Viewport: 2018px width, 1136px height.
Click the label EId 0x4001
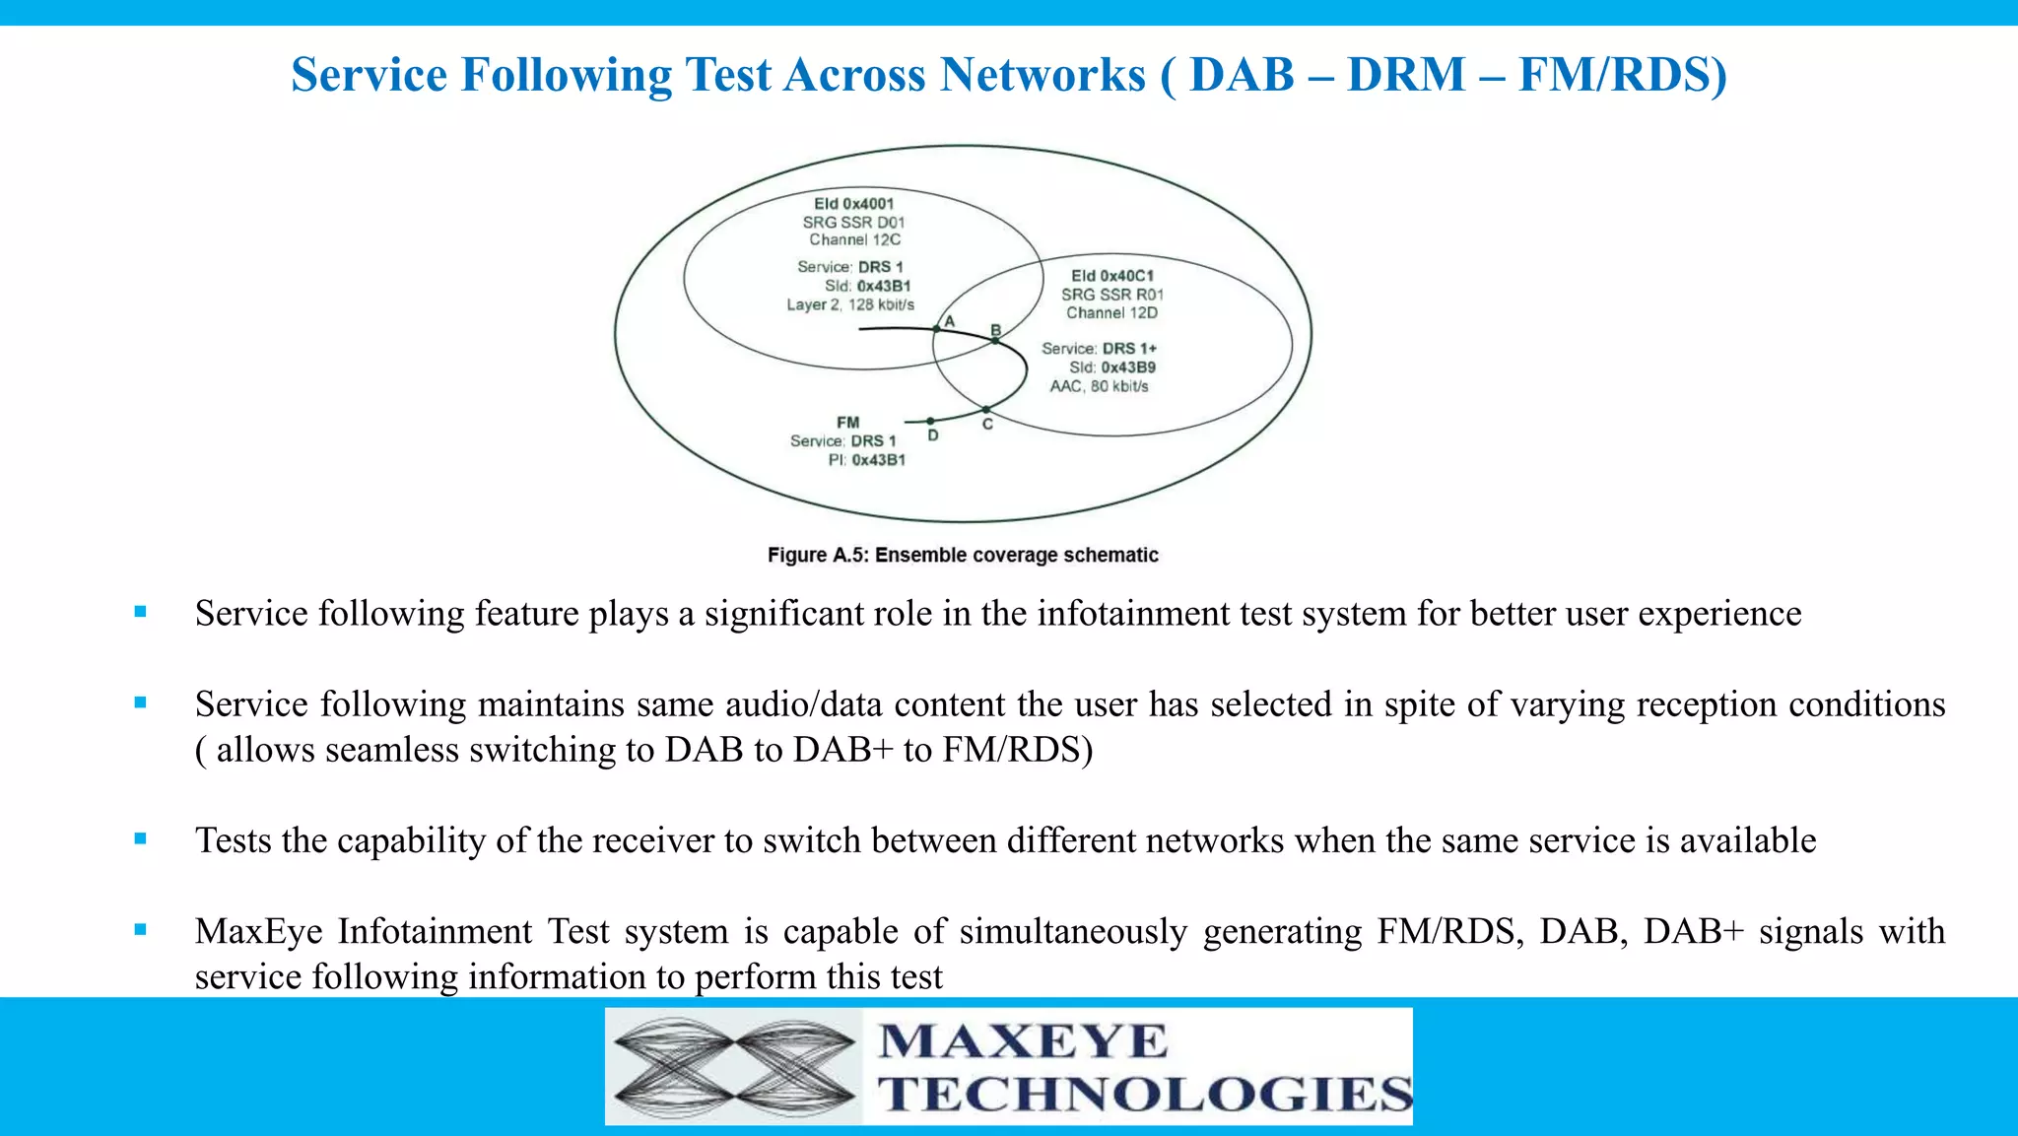click(853, 204)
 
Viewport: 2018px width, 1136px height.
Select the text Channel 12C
click(854, 239)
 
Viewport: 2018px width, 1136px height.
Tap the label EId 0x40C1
click(1111, 276)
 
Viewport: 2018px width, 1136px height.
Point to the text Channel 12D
click(1111, 312)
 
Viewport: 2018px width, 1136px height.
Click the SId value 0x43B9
click(1128, 368)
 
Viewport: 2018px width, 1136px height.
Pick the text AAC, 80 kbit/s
click(1099, 386)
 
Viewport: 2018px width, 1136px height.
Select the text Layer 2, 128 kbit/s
click(849, 304)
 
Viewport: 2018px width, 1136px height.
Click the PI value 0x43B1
click(878, 460)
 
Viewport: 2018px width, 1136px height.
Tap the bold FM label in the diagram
click(847, 423)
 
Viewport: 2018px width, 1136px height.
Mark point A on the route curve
click(936, 329)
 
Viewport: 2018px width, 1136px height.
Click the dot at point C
click(986, 410)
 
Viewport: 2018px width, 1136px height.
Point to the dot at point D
click(930, 422)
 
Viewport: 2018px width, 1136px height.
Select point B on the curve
click(995, 341)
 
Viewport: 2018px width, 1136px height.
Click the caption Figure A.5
click(963, 555)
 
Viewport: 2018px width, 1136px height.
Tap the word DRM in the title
click(1406, 75)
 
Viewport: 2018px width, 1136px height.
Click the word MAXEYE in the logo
click(1023, 1042)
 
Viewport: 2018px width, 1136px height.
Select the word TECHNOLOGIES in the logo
click(1145, 1095)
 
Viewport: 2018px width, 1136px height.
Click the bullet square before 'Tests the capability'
click(140, 839)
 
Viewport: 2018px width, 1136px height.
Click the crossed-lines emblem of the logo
click(734, 1067)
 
